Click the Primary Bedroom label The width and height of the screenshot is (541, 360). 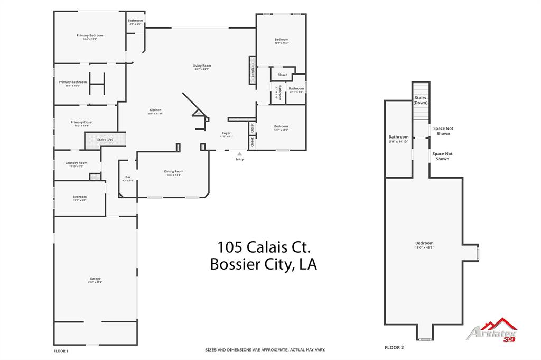point(90,35)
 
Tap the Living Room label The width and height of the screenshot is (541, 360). point(202,66)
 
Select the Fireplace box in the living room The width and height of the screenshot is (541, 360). point(253,70)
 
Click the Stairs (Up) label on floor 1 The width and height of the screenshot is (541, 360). point(105,140)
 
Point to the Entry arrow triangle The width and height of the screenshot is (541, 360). point(239,154)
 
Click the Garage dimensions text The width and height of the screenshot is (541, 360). point(95,282)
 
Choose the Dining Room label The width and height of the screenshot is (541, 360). point(173,171)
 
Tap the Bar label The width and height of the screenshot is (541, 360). point(128,177)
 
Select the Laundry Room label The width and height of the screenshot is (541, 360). point(77,163)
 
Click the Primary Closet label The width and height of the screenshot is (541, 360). point(82,122)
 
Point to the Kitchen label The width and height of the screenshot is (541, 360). point(155,110)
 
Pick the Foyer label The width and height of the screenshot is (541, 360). point(226,133)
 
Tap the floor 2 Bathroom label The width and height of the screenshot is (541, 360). point(399,137)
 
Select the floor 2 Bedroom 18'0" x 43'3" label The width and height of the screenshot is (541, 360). point(424,243)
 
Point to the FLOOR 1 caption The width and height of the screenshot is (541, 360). point(61,351)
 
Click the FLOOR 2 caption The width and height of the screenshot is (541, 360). point(394,347)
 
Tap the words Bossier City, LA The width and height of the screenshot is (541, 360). point(263,264)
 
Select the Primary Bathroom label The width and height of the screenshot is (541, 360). point(73,82)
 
